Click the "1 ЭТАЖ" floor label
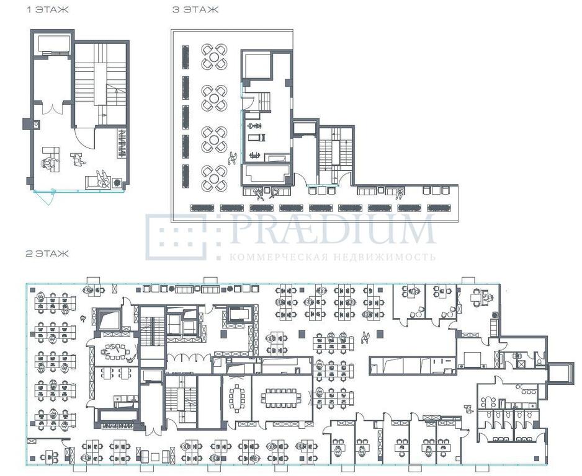48,10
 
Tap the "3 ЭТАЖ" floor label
195,10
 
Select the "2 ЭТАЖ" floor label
47,253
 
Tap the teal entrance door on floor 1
44,197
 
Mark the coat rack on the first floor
122,143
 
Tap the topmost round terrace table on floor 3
214,57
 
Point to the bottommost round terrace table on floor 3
214,178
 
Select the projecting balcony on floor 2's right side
558,371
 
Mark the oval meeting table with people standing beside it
115,350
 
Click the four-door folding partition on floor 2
189,358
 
